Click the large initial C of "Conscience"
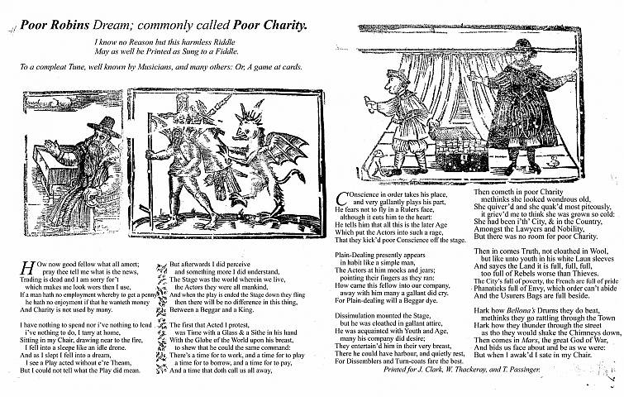click(x=342, y=197)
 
